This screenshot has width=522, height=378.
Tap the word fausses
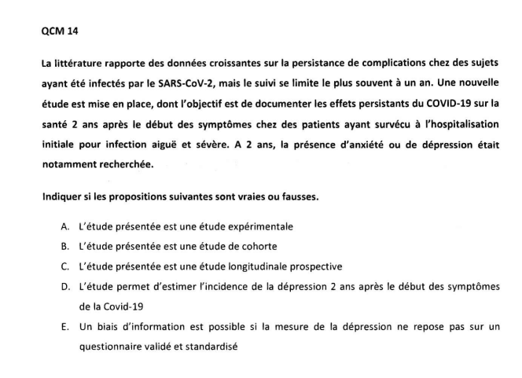coord(299,196)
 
